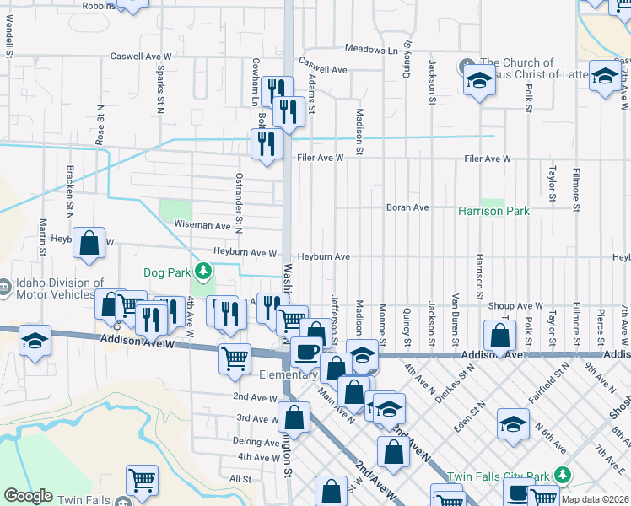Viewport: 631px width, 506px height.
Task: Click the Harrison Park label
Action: click(x=494, y=211)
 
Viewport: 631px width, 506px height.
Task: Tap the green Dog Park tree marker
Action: click(x=203, y=271)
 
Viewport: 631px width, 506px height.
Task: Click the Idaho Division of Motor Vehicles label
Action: click(x=52, y=289)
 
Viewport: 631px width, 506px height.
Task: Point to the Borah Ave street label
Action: click(x=407, y=207)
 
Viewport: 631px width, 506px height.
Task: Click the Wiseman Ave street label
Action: click(x=202, y=226)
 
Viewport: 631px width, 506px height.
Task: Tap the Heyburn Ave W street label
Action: click(x=245, y=252)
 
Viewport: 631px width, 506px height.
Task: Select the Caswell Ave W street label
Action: click(x=141, y=57)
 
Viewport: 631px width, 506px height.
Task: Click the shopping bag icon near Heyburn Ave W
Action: click(x=89, y=243)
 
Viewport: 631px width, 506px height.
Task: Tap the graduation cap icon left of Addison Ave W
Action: click(x=35, y=342)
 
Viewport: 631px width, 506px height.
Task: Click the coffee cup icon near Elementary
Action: click(x=305, y=352)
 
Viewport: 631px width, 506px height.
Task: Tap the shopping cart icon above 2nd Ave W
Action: click(x=235, y=358)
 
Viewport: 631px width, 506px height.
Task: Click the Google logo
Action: click(x=28, y=496)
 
